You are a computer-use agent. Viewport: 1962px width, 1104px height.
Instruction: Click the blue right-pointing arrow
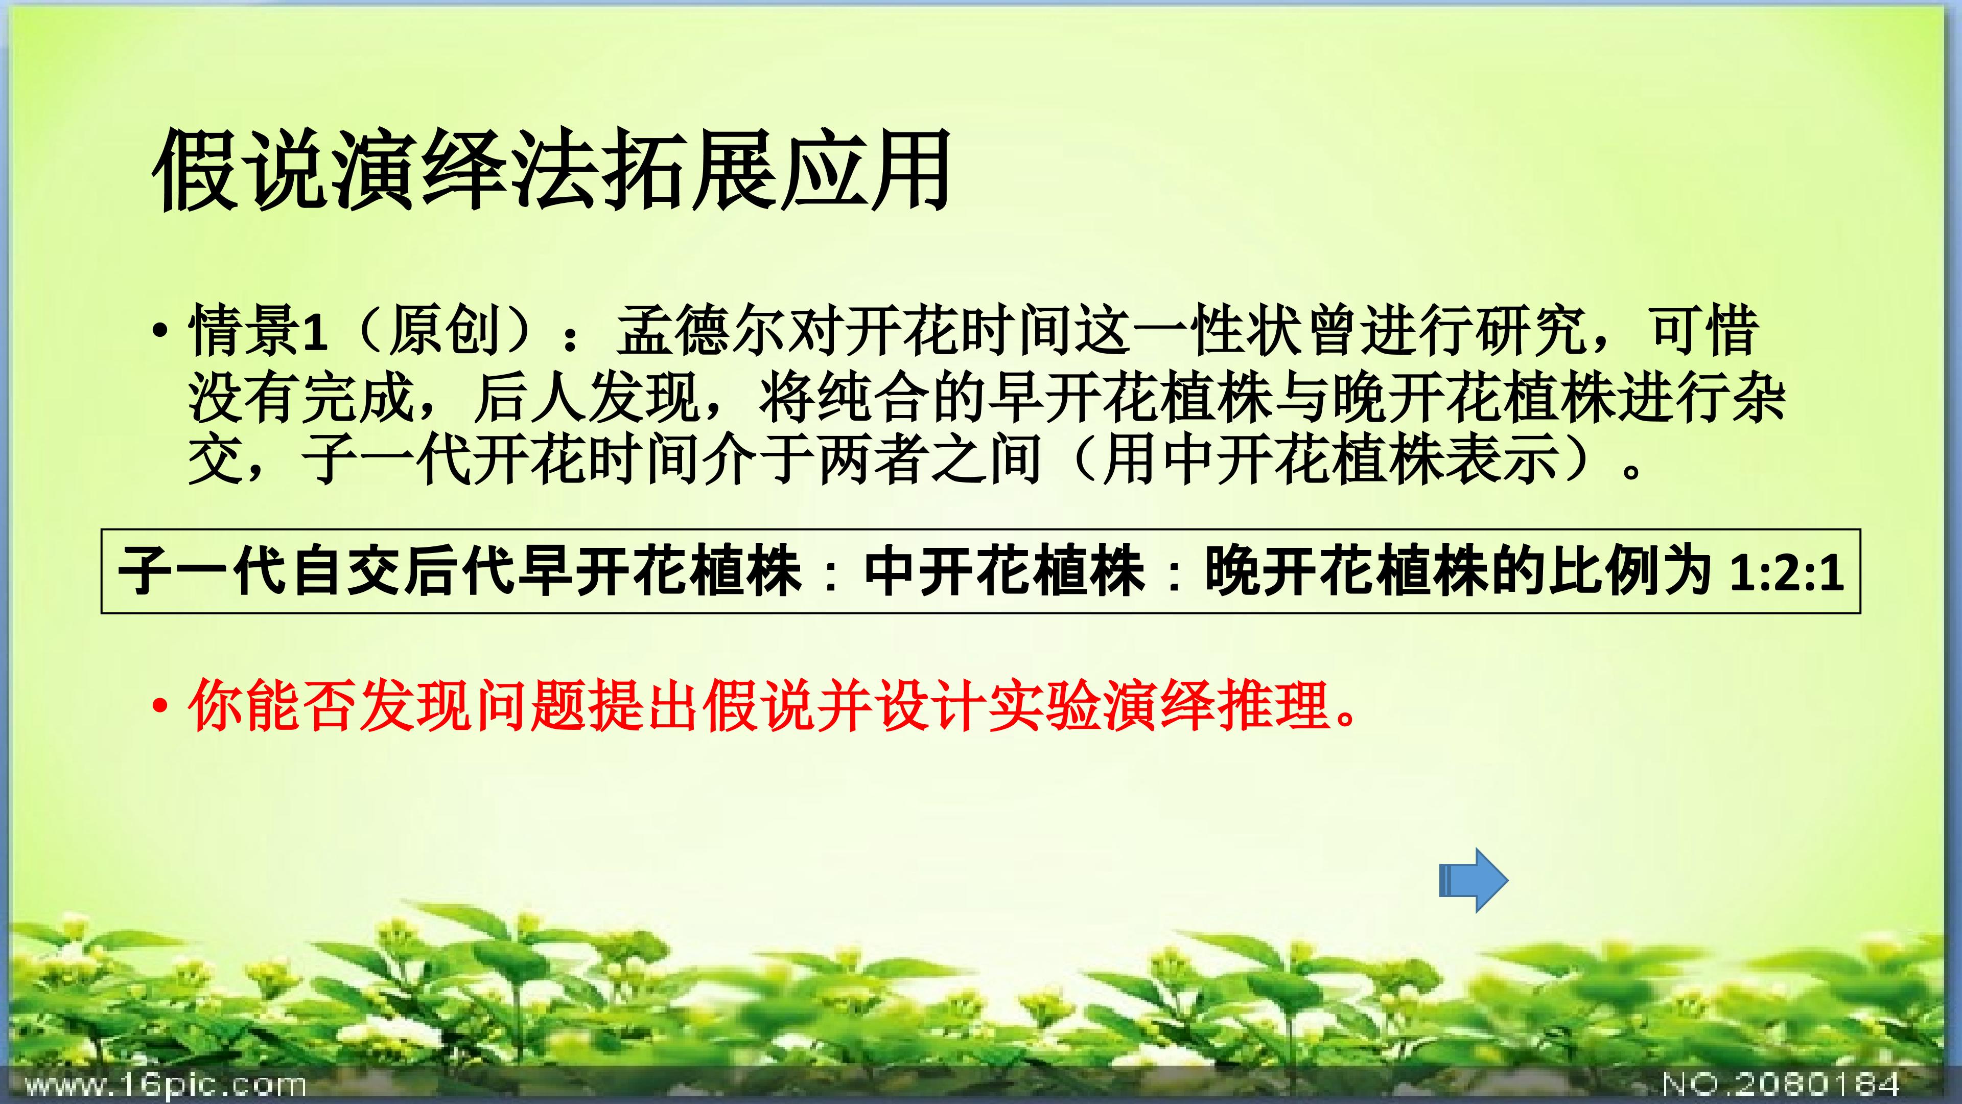(x=1473, y=880)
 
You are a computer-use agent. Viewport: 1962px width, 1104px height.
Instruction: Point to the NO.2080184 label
(x=1780, y=1083)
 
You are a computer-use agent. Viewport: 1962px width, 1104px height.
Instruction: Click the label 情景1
(x=258, y=331)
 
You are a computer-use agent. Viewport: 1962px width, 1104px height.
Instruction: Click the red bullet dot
(x=159, y=707)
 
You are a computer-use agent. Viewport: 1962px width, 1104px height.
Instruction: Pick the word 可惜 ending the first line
(x=1704, y=331)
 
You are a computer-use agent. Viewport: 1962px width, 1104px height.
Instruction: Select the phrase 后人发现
(x=587, y=397)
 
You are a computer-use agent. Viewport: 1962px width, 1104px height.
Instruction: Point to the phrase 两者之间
(x=929, y=461)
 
